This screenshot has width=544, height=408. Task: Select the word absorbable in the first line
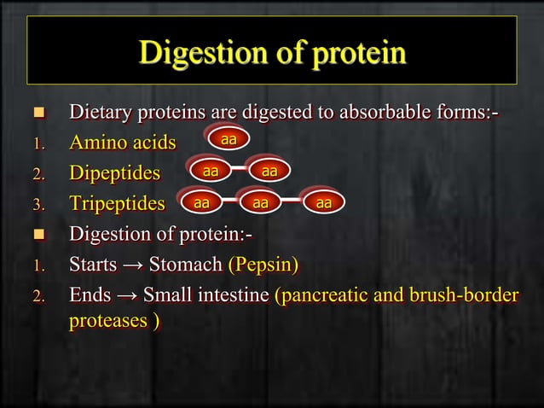point(371,112)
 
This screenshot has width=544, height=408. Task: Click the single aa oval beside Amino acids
point(228,138)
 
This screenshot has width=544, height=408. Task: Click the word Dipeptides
point(114,173)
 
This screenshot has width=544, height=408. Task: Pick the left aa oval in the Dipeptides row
point(209,172)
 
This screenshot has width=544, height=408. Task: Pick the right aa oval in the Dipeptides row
point(269,172)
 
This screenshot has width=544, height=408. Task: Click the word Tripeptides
point(117,204)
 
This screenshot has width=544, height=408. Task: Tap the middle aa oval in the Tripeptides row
point(260,203)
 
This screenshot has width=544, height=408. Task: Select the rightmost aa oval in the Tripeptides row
point(323,203)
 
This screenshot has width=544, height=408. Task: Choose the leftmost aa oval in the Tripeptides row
point(200,203)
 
